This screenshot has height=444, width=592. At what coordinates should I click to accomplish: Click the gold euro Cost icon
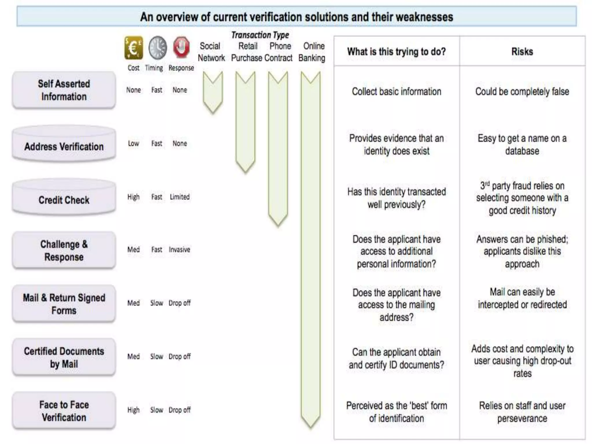pyautogui.click(x=134, y=48)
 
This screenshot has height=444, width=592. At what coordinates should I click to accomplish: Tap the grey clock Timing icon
pyautogui.click(x=158, y=48)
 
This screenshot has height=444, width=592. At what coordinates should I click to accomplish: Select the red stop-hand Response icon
pyautogui.click(x=181, y=47)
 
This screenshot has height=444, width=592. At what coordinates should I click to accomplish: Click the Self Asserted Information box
pyautogui.click(x=64, y=90)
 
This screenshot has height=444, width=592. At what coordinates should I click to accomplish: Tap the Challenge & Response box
pyautogui.click(x=64, y=251)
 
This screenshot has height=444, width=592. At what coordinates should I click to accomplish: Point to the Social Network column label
pyautogui.click(x=211, y=52)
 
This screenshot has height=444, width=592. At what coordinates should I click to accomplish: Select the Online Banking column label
pyautogui.click(x=312, y=52)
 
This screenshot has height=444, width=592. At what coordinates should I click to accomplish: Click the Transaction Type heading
pyautogui.click(x=260, y=35)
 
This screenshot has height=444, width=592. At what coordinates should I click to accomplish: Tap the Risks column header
pyautogui.click(x=522, y=51)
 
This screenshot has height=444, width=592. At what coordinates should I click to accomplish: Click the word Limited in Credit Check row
pyautogui.click(x=180, y=197)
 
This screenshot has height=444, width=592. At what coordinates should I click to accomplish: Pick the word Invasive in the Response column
pyautogui.click(x=180, y=249)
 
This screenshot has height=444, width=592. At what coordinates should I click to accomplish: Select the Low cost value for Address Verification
pyautogui.click(x=134, y=143)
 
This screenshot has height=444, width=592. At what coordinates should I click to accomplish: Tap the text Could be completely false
pyautogui.click(x=522, y=92)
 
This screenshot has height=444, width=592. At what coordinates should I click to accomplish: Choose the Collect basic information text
pyautogui.click(x=396, y=92)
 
